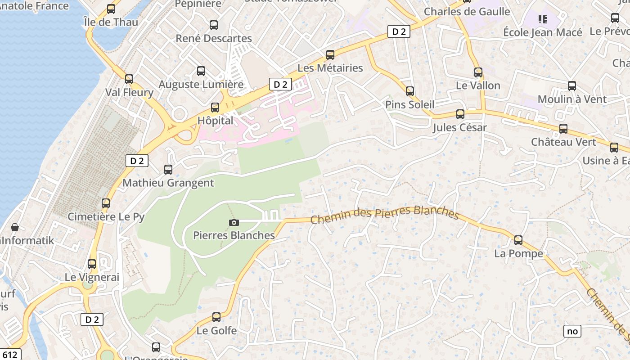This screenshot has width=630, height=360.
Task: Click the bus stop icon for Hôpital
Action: (x=215, y=108)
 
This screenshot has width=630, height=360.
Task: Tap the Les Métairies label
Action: (x=330, y=68)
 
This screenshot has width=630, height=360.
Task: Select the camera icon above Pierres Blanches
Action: (x=234, y=222)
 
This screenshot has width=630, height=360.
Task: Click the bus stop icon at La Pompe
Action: (x=518, y=240)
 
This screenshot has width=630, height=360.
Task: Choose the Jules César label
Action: (x=459, y=128)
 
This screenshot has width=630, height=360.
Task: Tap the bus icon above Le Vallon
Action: (x=478, y=72)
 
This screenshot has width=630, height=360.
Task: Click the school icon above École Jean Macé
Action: (x=543, y=19)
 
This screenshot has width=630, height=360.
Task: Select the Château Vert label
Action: (x=563, y=142)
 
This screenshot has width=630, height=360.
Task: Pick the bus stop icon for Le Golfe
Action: (x=216, y=317)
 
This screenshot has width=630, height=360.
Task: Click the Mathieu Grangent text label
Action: (x=168, y=183)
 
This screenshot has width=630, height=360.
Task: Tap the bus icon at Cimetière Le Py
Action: (x=106, y=203)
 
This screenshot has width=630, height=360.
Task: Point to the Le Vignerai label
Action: (x=92, y=277)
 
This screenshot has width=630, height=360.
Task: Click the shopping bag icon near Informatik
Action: (x=15, y=227)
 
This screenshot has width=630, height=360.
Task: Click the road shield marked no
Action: (x=572, y=331)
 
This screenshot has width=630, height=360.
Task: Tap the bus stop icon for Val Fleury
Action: (x=129, y=79)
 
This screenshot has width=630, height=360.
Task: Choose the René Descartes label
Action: (x=214, y=38)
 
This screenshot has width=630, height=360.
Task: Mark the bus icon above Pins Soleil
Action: (x=409, y=91)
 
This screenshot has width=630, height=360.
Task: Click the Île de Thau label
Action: (x=111, y=22)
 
